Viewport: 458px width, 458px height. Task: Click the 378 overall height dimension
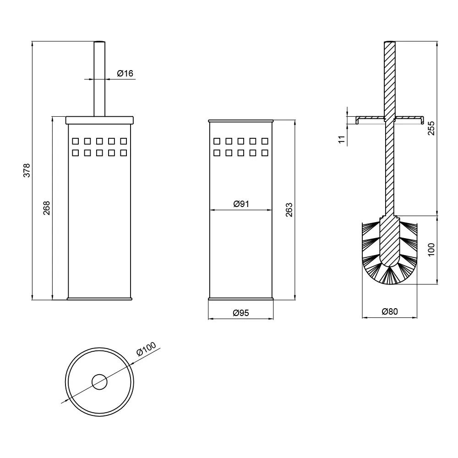point(27,170)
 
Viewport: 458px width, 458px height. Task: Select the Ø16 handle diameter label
point(125,73)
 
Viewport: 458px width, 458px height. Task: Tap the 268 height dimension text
point(47,208)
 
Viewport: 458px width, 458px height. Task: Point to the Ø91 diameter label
point(241,204)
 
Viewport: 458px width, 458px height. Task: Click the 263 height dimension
point(289,210)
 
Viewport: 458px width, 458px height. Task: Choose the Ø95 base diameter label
point(241,313)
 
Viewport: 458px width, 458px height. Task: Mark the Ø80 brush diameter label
point(390,311)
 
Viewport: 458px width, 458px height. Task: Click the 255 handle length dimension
point(431,128)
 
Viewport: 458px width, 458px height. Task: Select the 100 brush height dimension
point(431,250)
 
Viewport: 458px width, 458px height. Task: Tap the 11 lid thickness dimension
point(342,139)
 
